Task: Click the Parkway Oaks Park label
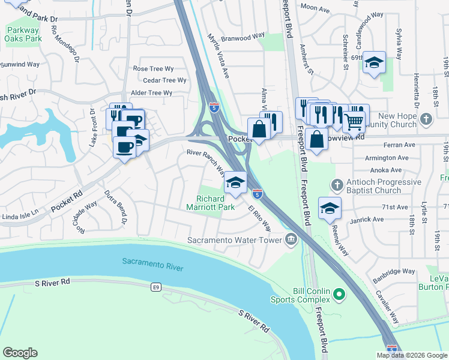23,34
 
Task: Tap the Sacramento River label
152,263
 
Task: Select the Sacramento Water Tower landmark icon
291,239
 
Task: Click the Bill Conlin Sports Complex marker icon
339,294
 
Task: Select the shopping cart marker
354,121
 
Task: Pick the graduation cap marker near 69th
374,63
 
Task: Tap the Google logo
20,353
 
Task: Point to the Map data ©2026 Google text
412,355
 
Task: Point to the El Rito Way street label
259,219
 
